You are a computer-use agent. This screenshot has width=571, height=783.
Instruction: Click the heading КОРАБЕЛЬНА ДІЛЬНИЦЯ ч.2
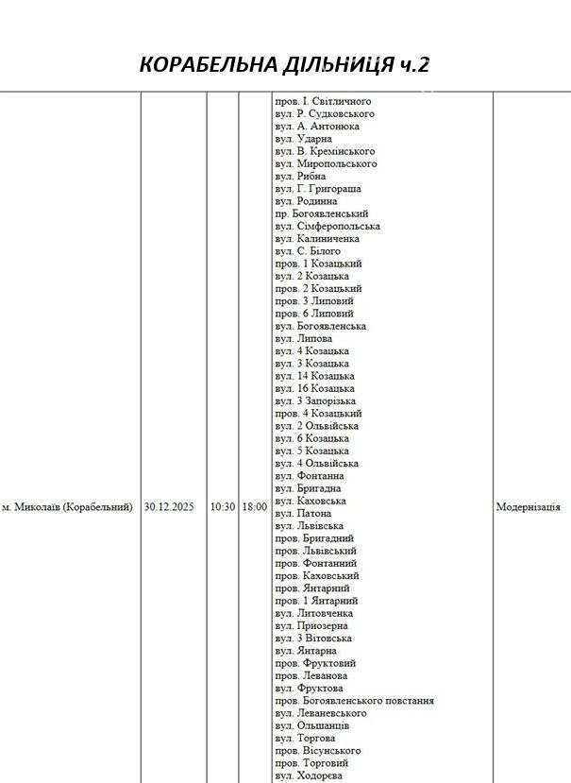click(x=285, y=64)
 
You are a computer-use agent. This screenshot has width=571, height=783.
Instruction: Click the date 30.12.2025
click(x=169, y=507)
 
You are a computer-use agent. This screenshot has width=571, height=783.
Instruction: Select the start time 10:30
click(x=223, y=507)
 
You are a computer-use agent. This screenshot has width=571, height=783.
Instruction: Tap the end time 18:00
click(x=255, y=507)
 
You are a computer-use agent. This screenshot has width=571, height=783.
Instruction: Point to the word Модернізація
click(x=528, y=507)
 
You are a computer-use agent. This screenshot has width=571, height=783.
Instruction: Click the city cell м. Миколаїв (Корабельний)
click(x=67, y=507)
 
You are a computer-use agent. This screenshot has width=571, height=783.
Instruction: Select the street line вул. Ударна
click(x=304, y=139)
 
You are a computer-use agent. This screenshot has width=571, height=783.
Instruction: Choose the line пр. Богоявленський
click(x=322, y=214)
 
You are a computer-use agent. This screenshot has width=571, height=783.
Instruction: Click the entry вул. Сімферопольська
click(x=327, y=227)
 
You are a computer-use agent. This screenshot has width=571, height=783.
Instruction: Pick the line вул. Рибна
click(x=301, y=177)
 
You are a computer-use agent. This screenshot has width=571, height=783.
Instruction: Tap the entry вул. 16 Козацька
click(x=315, y=388)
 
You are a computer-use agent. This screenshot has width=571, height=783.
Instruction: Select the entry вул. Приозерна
click(x=311, y=625)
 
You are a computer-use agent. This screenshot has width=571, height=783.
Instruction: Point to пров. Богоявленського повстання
click(x=355, y=701)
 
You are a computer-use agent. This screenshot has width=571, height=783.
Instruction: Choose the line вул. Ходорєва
click(x=310, y=775)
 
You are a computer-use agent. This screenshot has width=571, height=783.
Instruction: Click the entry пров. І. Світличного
click(x=323, y=101)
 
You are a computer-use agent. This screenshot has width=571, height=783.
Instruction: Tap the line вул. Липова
click(x=304, y=338)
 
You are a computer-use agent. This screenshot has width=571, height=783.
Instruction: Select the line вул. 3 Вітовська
click(x=314, y=638)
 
